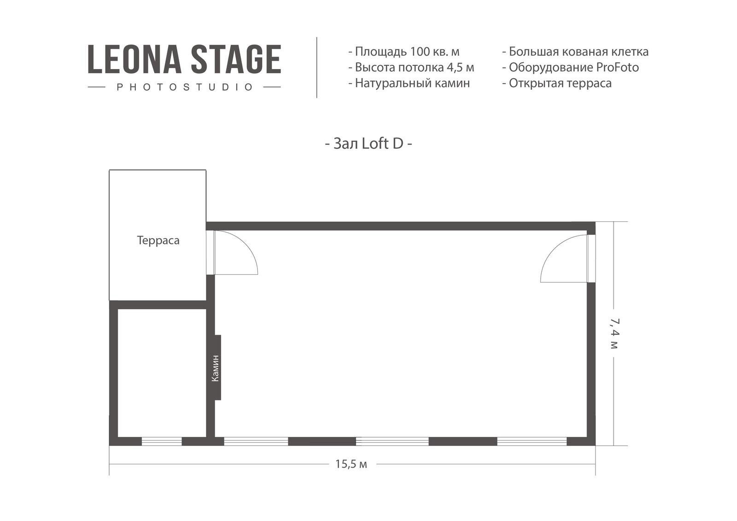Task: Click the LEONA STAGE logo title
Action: [184, 59]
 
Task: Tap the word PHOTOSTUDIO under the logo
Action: [185, 87]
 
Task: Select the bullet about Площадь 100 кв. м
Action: [404, 52]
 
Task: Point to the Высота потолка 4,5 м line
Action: [411, 67]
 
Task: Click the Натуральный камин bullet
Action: [409, 83]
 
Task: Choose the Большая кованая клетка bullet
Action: [575, 52]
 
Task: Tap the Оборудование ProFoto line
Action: [571, 67]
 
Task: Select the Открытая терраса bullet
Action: [557, 83]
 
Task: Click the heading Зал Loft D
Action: [368, 144]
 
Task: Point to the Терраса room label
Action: [158, 240]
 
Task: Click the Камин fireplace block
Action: [217, 367]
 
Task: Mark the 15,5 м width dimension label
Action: [351, 464]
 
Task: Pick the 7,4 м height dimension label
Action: [614, 333]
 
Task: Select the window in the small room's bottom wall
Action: [162, 441]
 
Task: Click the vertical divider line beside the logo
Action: [317, 67]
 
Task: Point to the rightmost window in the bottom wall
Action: [532, 441]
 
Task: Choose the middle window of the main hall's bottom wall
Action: [392, 441]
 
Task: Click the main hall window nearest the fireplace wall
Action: [256, 441]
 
